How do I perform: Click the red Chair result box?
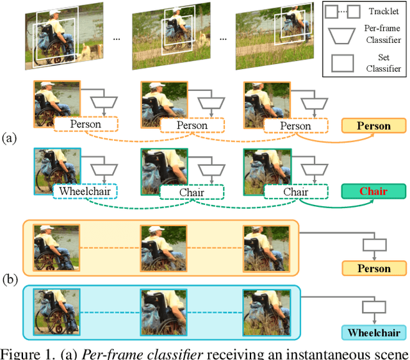(373, 191)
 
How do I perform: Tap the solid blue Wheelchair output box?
(373, 332)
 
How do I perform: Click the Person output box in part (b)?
(373, 268)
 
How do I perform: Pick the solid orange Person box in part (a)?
(373, 126)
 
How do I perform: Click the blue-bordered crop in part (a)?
(57, 169)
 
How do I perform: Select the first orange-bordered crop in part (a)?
(57, 103)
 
